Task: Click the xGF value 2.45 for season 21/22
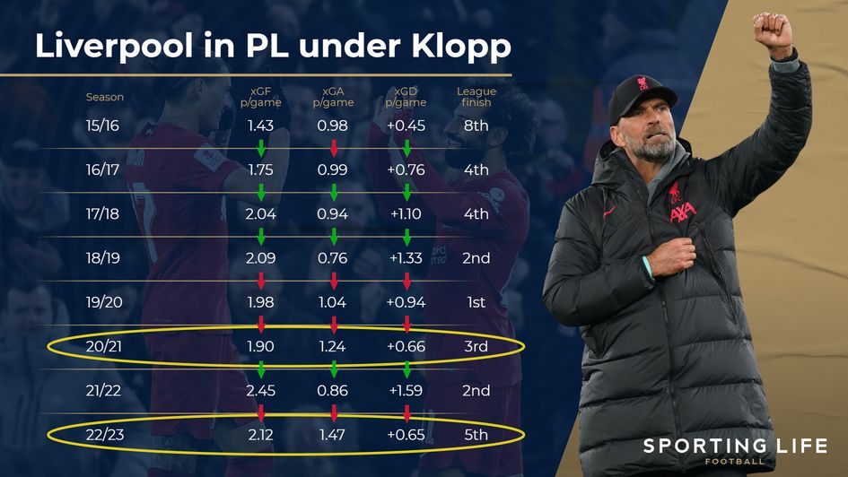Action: [x=261, y=391]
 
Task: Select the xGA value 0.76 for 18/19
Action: [x=334, y=258]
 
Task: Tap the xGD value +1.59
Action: [x=407, y=391]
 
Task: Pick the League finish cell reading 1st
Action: [x=476, y=302]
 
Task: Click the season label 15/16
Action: [x=102, y=126]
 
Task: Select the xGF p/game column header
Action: [x=261, y=97]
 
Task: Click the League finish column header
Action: [x=476, y=97]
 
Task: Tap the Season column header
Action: [x=105, y=97]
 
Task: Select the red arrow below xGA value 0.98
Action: [x=334, y=148]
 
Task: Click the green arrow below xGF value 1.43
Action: [x=261, y=148]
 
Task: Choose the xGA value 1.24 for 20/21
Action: [x=334, y=347]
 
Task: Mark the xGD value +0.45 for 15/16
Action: [x=407, y=126]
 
